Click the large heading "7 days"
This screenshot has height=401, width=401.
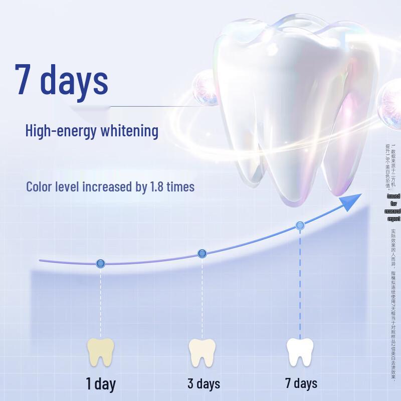[x=61, y=79]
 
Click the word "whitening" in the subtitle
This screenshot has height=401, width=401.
[x=129, y=131]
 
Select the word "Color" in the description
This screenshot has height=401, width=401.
[x=39, y=187]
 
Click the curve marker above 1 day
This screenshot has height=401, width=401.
[x=100, y=263]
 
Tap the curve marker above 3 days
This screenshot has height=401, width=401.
[x=202, y=254]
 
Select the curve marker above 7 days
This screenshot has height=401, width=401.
[x=300, y=226]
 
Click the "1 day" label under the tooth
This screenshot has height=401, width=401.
[x=101, y=384]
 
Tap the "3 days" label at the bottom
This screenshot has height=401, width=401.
[x=204, y=384]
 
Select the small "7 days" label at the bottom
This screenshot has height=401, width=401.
[x=301, y=383]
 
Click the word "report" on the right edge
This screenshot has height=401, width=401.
[x=394, y=219]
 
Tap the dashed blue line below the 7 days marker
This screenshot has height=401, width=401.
[x=300, y=286]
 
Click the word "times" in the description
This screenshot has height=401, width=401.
[x=180, y=187]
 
